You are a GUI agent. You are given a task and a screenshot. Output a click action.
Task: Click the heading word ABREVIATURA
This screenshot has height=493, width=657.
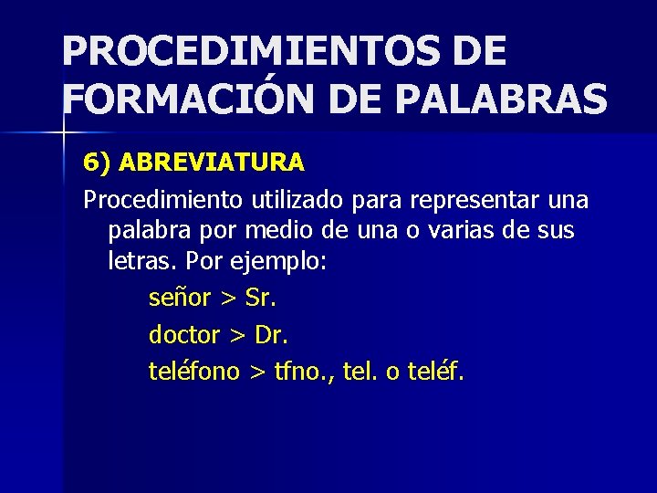click(x=212, y=163)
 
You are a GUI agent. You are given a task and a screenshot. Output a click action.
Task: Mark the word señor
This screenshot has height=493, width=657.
click(x=180, y=299)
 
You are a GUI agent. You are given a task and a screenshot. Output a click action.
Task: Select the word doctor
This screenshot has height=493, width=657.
click(x=184, y=335)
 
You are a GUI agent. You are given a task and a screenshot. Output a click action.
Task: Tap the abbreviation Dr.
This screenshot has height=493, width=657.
click(x=272, y=335)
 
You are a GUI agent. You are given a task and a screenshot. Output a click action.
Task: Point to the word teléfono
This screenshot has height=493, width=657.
click(x=194, y=372)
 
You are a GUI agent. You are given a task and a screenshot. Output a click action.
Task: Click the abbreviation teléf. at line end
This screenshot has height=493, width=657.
click(x=439, y=372)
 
